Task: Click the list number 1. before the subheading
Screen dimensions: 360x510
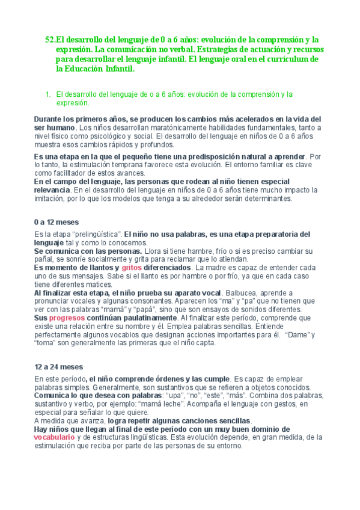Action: tap(49, 94)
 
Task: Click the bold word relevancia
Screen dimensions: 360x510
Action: tap(53, 190)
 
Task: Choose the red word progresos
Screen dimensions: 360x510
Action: tap(67, 317)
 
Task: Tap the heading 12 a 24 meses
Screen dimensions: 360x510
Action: tap(59, 367)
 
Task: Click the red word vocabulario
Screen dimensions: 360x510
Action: tap(55, 438)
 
